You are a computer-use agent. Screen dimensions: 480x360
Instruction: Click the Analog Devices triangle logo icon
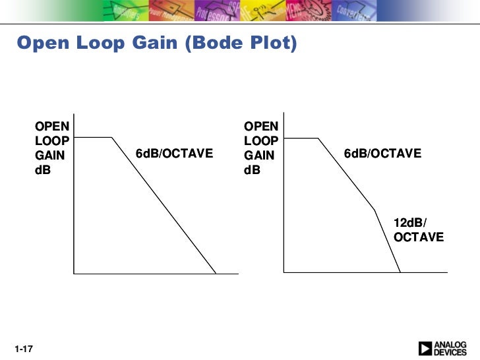tap(425, 347)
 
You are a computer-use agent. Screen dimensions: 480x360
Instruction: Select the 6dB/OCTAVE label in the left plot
tap(174, 154)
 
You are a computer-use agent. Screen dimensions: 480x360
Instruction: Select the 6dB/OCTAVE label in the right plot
tap(382, 154)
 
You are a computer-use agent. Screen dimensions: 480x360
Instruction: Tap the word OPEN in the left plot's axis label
tap(52, 126)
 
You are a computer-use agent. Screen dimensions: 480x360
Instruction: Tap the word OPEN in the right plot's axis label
tap(261, 126)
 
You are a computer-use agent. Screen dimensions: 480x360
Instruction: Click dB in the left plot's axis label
tap(43, 169)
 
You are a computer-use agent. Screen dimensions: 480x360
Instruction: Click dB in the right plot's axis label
tap(252, 169)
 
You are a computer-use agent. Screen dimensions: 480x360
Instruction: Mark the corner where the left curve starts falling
tap(112, 138)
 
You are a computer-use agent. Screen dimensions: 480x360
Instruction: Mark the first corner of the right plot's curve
tap(318, 138)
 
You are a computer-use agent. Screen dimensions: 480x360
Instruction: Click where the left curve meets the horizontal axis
tap(216, 272)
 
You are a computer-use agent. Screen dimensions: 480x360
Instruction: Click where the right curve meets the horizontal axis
tap(400, 272)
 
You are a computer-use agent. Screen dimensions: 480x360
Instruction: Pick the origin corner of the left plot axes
tap(75, 272)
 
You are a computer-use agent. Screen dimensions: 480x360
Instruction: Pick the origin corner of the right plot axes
tap(284, 272)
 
